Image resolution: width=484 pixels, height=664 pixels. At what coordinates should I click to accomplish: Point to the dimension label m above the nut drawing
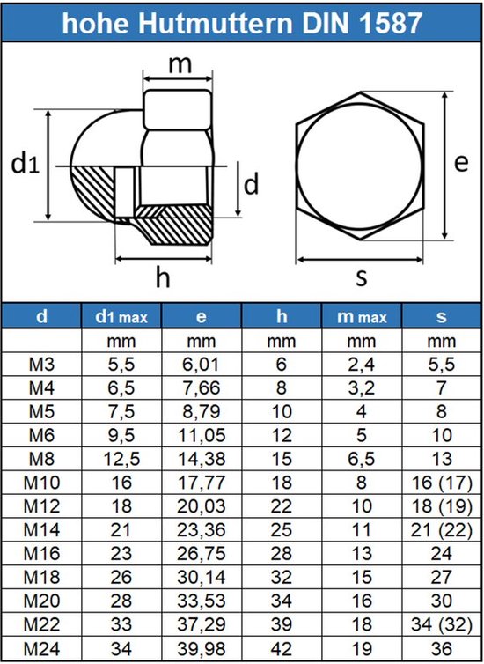click(180, 64)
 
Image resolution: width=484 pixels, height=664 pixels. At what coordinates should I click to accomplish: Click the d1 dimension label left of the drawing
click(24, 163)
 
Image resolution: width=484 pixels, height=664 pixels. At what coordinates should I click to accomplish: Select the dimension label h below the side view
click(162, 277)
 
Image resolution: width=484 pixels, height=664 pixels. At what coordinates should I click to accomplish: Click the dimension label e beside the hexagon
click(459, 163)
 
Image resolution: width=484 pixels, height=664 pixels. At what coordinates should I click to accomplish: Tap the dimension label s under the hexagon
click(361, 277)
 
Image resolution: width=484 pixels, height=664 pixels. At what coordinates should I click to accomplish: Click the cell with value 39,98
click(202, 650)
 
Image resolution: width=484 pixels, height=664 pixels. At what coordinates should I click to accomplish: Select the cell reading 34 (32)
click(441, 626)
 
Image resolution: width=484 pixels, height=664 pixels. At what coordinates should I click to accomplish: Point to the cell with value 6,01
click(202, 364)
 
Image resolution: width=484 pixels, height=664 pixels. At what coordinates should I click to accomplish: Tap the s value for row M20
click(441, 602)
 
